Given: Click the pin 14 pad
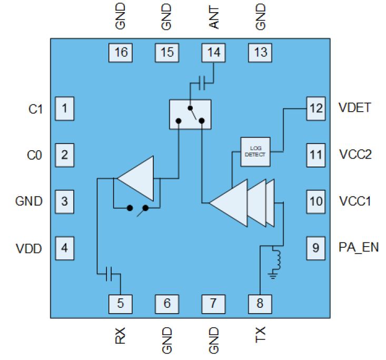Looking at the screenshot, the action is (213, 53).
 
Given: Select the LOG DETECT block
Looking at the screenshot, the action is (255, 152).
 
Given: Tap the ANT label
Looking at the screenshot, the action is (214, 18).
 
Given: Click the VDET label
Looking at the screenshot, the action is (354, 108).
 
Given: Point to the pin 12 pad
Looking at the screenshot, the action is (316, 109).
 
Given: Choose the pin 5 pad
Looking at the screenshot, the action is (121, 304).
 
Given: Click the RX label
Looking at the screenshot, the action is (120, 335).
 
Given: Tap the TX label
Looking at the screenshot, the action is (260, 335).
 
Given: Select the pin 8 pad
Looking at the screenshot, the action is (260, 304).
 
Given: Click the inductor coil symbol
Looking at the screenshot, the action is (276, 259).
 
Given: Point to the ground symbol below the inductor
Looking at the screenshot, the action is (273, 275).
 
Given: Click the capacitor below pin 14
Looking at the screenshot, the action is (202, 83).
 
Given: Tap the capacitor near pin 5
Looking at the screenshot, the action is (109, 274).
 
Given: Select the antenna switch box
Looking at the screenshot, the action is (190, 114).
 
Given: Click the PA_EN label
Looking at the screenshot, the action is (359, 247).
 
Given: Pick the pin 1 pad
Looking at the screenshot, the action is (64, 109).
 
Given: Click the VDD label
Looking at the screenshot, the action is (29, 249).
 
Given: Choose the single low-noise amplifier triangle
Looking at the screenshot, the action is (135, 178).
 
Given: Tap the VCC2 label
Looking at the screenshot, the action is (355, 154).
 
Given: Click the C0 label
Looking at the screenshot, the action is (34, 155).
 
